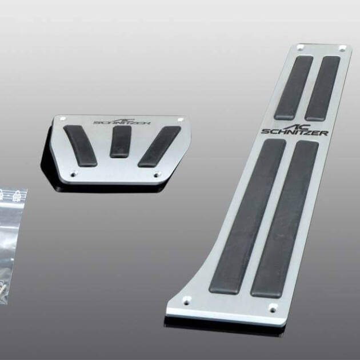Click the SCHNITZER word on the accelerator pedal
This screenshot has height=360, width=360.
tap(295, 133)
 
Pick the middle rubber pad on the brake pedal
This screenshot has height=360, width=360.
tap(121, 141)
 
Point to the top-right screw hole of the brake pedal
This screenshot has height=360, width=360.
tap(181, 119)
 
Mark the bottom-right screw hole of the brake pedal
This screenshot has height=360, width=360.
tap(157, 175)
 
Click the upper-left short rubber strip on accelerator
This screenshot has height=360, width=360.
tap(294, 86)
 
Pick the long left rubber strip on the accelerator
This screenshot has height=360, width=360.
tap(247, 217)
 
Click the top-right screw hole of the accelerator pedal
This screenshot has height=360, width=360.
tap(342, 49)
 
